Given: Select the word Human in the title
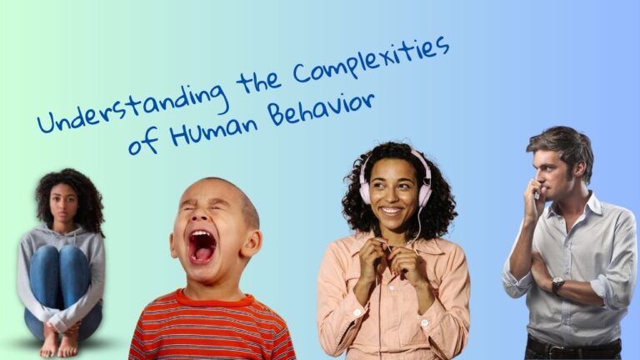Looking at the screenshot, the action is [214, 129].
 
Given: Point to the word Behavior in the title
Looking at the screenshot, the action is [321, 109].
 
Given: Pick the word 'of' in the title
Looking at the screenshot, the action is [143, 142].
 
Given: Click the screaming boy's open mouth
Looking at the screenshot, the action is [202, 247].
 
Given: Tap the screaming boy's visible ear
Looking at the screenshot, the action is [251, 244].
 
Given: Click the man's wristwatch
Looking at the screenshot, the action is [557, 284].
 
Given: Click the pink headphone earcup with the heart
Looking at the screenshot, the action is [425, 191].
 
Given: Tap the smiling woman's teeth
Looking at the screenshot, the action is [391, 211].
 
